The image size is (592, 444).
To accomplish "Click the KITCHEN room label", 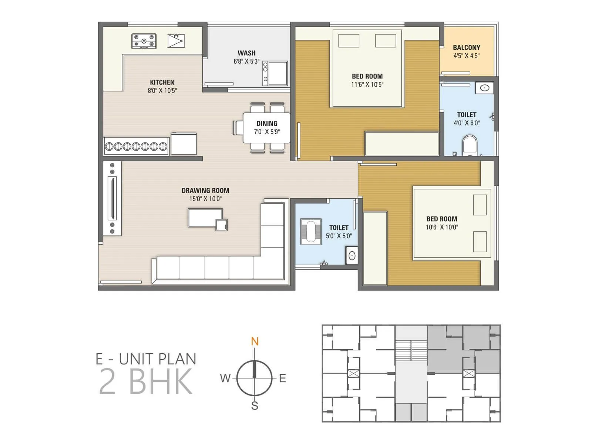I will [162, 82].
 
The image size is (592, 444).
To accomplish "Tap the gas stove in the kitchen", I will [144, 41].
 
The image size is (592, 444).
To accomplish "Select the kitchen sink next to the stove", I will [176, 41].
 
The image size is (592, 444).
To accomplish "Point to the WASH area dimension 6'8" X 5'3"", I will [246, 61].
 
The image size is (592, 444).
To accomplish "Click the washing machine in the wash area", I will [275, 73].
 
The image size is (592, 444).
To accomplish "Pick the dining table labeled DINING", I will [266, 127].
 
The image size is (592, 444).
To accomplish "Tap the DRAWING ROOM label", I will [205, 190].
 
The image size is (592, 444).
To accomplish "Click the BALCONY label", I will [466, 47].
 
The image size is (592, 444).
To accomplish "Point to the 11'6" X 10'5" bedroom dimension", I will [367, 84].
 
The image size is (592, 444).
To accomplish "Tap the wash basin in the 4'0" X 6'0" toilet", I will [485, 88].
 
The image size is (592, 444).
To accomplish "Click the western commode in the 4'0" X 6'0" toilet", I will [470, 144].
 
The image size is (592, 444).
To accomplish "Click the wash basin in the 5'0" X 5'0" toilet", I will [352, 256].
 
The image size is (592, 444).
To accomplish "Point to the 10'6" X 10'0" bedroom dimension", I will [441, 227].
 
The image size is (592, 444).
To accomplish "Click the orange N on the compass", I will [255, 341].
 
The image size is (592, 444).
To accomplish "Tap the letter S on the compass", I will [255, 406].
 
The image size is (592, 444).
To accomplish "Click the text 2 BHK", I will [146, 381].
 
